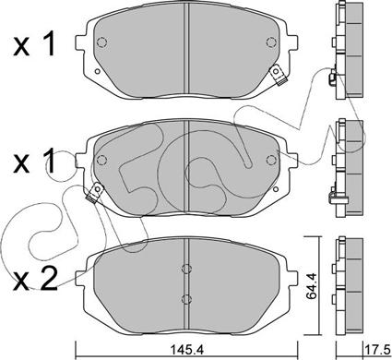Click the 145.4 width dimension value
pos(186,350)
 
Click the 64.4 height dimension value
pos(312,286)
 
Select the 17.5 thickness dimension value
pos(377,351)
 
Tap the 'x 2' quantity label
pos(35,279)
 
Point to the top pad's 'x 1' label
pos(34,45)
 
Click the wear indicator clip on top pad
pos(278,76)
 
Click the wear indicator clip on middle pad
pos(95,193)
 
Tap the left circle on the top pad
pos(101,42)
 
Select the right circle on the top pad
pos(271,42)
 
